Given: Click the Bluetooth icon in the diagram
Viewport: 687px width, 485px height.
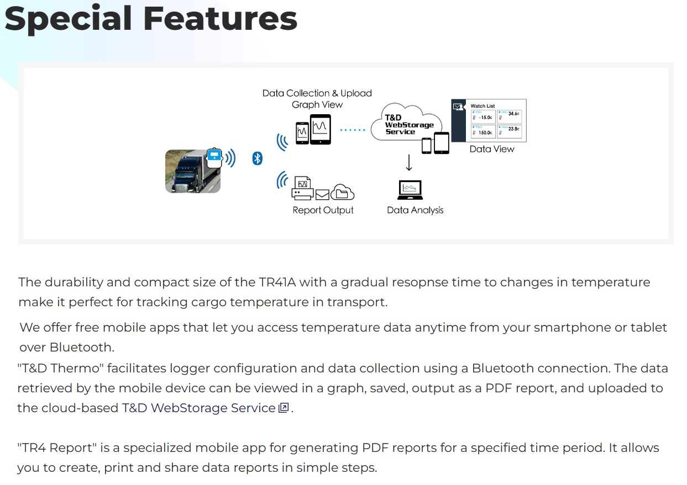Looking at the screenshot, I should click(x=257, y=158).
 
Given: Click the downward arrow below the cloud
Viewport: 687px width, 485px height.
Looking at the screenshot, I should click(x=409, y=163).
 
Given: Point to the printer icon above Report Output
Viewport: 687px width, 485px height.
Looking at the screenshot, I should click(x=302, y=190).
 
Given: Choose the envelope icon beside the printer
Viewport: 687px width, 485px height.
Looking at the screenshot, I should click(x=322, y=194).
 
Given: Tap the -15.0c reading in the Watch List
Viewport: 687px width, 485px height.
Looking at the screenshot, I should click(x=485, y=117).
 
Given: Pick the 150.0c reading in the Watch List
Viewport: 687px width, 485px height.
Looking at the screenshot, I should click(x=485, y=132).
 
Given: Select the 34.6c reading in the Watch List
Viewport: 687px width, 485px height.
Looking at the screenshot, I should click(x=513, y=114).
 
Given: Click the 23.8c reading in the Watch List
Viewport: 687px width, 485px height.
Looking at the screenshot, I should click(x=513, y=129).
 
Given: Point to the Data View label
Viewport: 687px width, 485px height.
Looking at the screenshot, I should click(x=491, y=149).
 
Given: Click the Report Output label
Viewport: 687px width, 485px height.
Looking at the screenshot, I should click(x=323, y=210).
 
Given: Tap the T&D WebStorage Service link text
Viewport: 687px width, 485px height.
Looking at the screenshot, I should click(x=198, y=408).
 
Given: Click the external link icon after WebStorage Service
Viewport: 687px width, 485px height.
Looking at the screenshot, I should click(x=284, y=408).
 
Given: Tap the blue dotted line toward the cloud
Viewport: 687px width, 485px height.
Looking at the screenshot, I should click(x=352, y=130).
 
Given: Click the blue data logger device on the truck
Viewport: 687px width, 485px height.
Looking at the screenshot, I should click(x=214, y=157).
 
